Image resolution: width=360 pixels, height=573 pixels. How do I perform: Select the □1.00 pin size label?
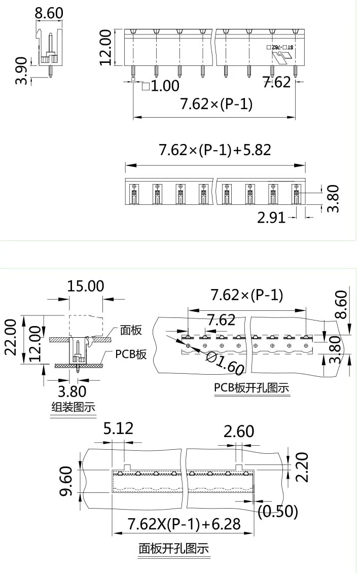(161, 85)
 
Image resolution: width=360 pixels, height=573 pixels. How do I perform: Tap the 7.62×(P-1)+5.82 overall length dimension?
(215, 150)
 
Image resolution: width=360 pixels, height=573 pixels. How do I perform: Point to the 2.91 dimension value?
(272, 218)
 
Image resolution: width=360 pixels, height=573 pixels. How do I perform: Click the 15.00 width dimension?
(86, 286)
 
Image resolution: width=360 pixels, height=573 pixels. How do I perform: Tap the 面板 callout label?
(131, 330)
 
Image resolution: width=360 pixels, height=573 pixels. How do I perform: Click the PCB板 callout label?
(131, 354)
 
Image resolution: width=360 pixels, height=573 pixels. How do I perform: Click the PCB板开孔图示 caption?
(251, 388)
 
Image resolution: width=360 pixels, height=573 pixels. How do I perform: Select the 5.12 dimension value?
(118, 428)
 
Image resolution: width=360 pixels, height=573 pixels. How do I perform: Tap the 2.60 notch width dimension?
(238, 432)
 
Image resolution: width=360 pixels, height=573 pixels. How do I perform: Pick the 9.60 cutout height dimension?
(67, 482)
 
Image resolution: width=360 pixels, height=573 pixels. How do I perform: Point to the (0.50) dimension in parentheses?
(278, 511)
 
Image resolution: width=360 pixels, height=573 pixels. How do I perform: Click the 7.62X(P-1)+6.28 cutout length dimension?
(184, 523)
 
